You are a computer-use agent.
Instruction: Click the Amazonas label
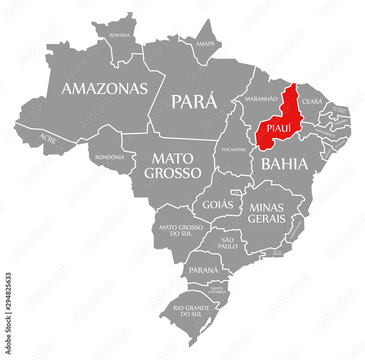105,89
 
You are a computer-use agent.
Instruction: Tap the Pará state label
194,101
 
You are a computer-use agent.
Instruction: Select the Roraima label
119,35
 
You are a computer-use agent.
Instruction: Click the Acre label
48,139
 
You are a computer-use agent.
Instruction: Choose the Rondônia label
109,157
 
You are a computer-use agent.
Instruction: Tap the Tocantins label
234,150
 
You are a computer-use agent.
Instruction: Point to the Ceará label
312,101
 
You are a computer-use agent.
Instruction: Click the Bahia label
285,164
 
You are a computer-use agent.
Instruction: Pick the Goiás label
218,205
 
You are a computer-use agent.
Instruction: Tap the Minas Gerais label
266,213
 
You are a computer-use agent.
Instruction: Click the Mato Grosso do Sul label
181,230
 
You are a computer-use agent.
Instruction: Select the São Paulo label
229,243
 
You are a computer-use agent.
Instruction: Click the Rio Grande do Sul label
192,311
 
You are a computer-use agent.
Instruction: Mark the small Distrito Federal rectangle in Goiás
236,192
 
